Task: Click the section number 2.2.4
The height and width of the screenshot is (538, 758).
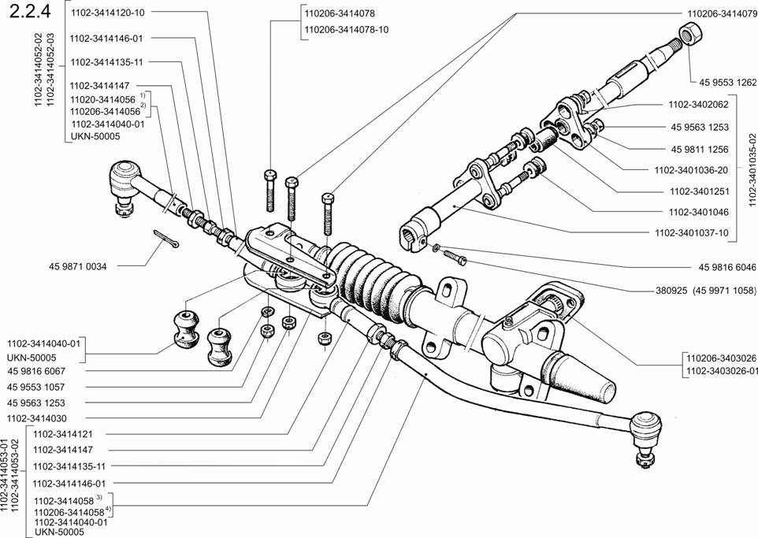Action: click(x=29, y=11)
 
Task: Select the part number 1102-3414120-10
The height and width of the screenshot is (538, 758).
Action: click(x=107, y=13)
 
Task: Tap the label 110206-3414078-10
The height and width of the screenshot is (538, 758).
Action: click(x=346, y=29)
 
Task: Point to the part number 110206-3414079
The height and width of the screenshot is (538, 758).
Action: click(x=723, y=14)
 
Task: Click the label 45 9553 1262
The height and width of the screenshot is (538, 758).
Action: click(x=727, y=83)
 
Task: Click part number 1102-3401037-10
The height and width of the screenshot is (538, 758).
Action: click(x=691, y=233)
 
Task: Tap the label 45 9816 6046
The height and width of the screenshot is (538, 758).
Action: click(x=727, y=267)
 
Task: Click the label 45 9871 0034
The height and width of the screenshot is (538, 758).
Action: click(x=77, y=266)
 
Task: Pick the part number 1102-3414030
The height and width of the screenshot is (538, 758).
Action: click(x=37, y=418)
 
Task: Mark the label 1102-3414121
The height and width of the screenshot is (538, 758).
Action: click(x=63, y=434)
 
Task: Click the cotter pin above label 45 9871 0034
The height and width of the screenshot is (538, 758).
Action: click(x=165, y=239)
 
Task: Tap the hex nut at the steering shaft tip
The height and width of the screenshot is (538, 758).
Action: click(x=691, y=35)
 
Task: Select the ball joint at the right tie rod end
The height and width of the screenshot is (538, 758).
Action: click(x=646, y=435)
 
